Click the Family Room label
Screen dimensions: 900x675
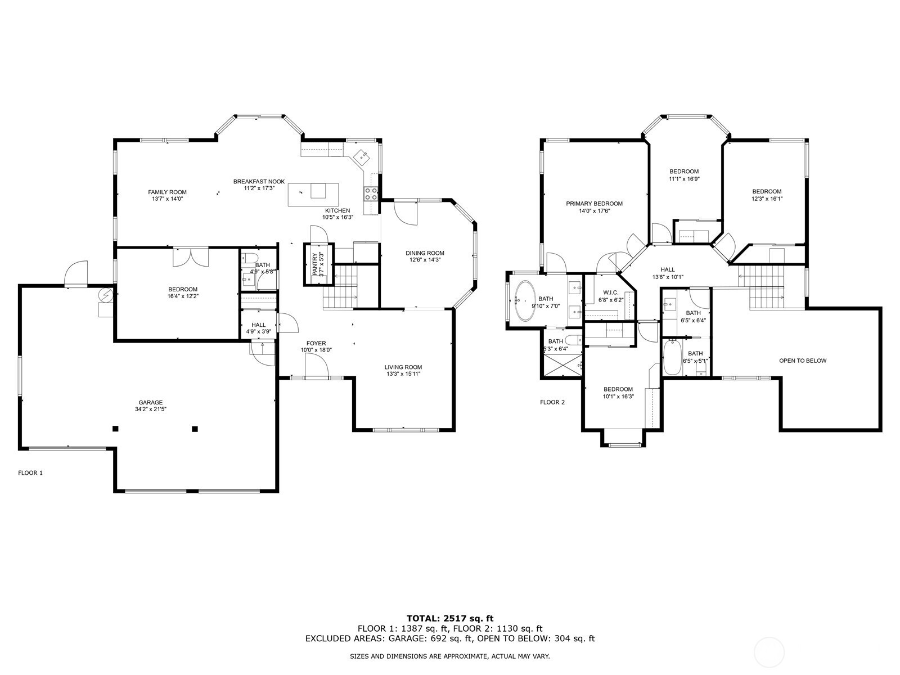(167, 192)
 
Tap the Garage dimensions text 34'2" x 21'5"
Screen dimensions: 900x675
(151, 409)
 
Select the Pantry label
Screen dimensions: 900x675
(315, 264)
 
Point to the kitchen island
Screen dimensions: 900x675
(313, 195)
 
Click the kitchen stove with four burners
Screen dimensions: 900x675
(371, 193)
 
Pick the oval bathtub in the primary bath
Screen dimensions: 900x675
(525, 300)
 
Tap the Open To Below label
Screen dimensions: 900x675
(803, 361)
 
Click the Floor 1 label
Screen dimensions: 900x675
(30, 473)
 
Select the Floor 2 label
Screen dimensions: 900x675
(552, 402)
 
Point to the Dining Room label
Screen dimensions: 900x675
(425, 253)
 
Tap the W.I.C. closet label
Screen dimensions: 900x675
(610, 292)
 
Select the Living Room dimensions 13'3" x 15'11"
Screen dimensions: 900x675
(403, 373)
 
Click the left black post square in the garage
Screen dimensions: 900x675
(116, 429)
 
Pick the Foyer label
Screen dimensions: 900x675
(316, 344)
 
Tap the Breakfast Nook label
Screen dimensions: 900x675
(259, 182)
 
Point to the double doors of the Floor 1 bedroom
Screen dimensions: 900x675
(191, 258)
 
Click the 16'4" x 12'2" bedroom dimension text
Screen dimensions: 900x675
(183, 296)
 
